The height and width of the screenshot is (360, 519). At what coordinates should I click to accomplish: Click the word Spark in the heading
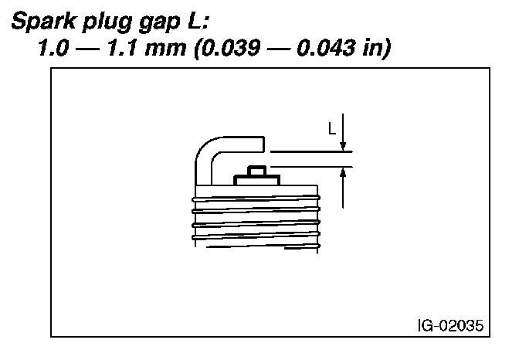point(44,21)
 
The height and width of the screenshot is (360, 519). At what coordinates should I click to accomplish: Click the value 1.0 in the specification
point(53,48)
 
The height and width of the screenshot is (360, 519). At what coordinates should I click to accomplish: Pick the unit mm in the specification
point(165,49)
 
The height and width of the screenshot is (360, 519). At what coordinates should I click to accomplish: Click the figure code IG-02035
point(450,325)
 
